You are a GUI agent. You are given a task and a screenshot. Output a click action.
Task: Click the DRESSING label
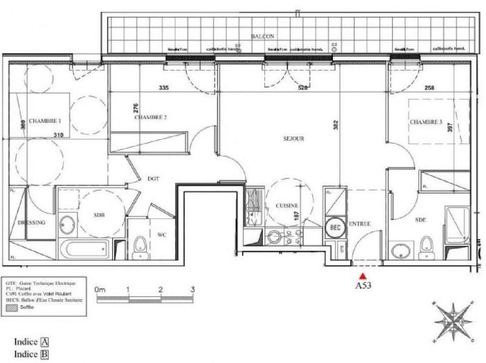tap(31, 223)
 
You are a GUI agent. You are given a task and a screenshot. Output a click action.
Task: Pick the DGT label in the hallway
tap(152, 178)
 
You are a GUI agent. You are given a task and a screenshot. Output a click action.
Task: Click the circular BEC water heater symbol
tap(335, 226)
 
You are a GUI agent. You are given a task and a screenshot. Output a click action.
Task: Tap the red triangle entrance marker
tap(364, 276)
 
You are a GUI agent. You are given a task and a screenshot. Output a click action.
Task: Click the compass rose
tap(451, 318)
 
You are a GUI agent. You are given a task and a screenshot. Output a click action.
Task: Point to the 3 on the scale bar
tap(192, 290)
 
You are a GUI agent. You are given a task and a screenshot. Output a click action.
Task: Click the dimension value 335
tap(163, 88)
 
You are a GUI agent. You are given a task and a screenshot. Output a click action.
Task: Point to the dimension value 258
tap(429, 88)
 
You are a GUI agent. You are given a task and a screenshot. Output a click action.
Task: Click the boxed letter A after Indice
tap(44, 342)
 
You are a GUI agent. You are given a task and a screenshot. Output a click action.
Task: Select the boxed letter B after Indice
tap(44, 353)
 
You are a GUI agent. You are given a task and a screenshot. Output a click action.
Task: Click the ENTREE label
tap(361, 224)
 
